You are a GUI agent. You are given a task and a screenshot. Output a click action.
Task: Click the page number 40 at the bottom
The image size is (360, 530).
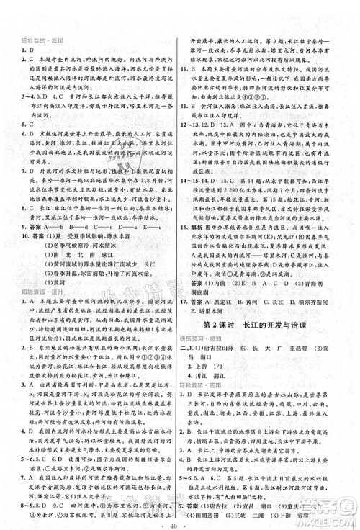point(179,522)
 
